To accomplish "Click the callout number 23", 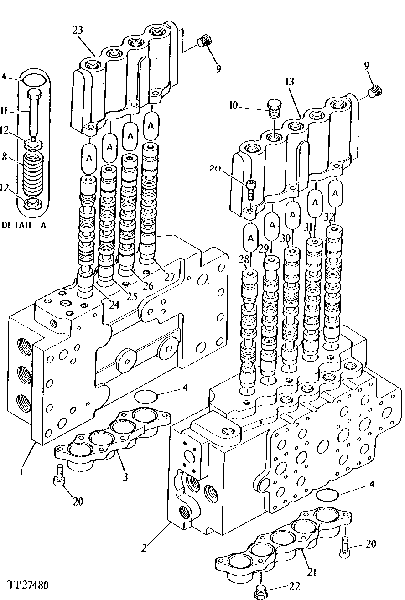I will tap(78, 31).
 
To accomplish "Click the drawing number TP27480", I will tap(29, 585).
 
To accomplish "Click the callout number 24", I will tap(114, 305).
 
